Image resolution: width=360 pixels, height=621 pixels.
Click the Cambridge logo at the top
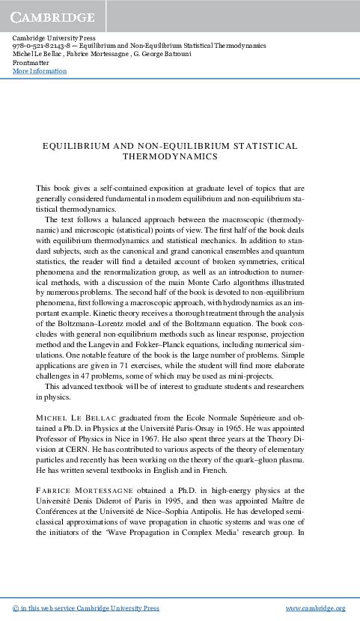[52, 16]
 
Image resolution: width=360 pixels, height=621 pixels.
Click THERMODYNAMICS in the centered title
[169, 158]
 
